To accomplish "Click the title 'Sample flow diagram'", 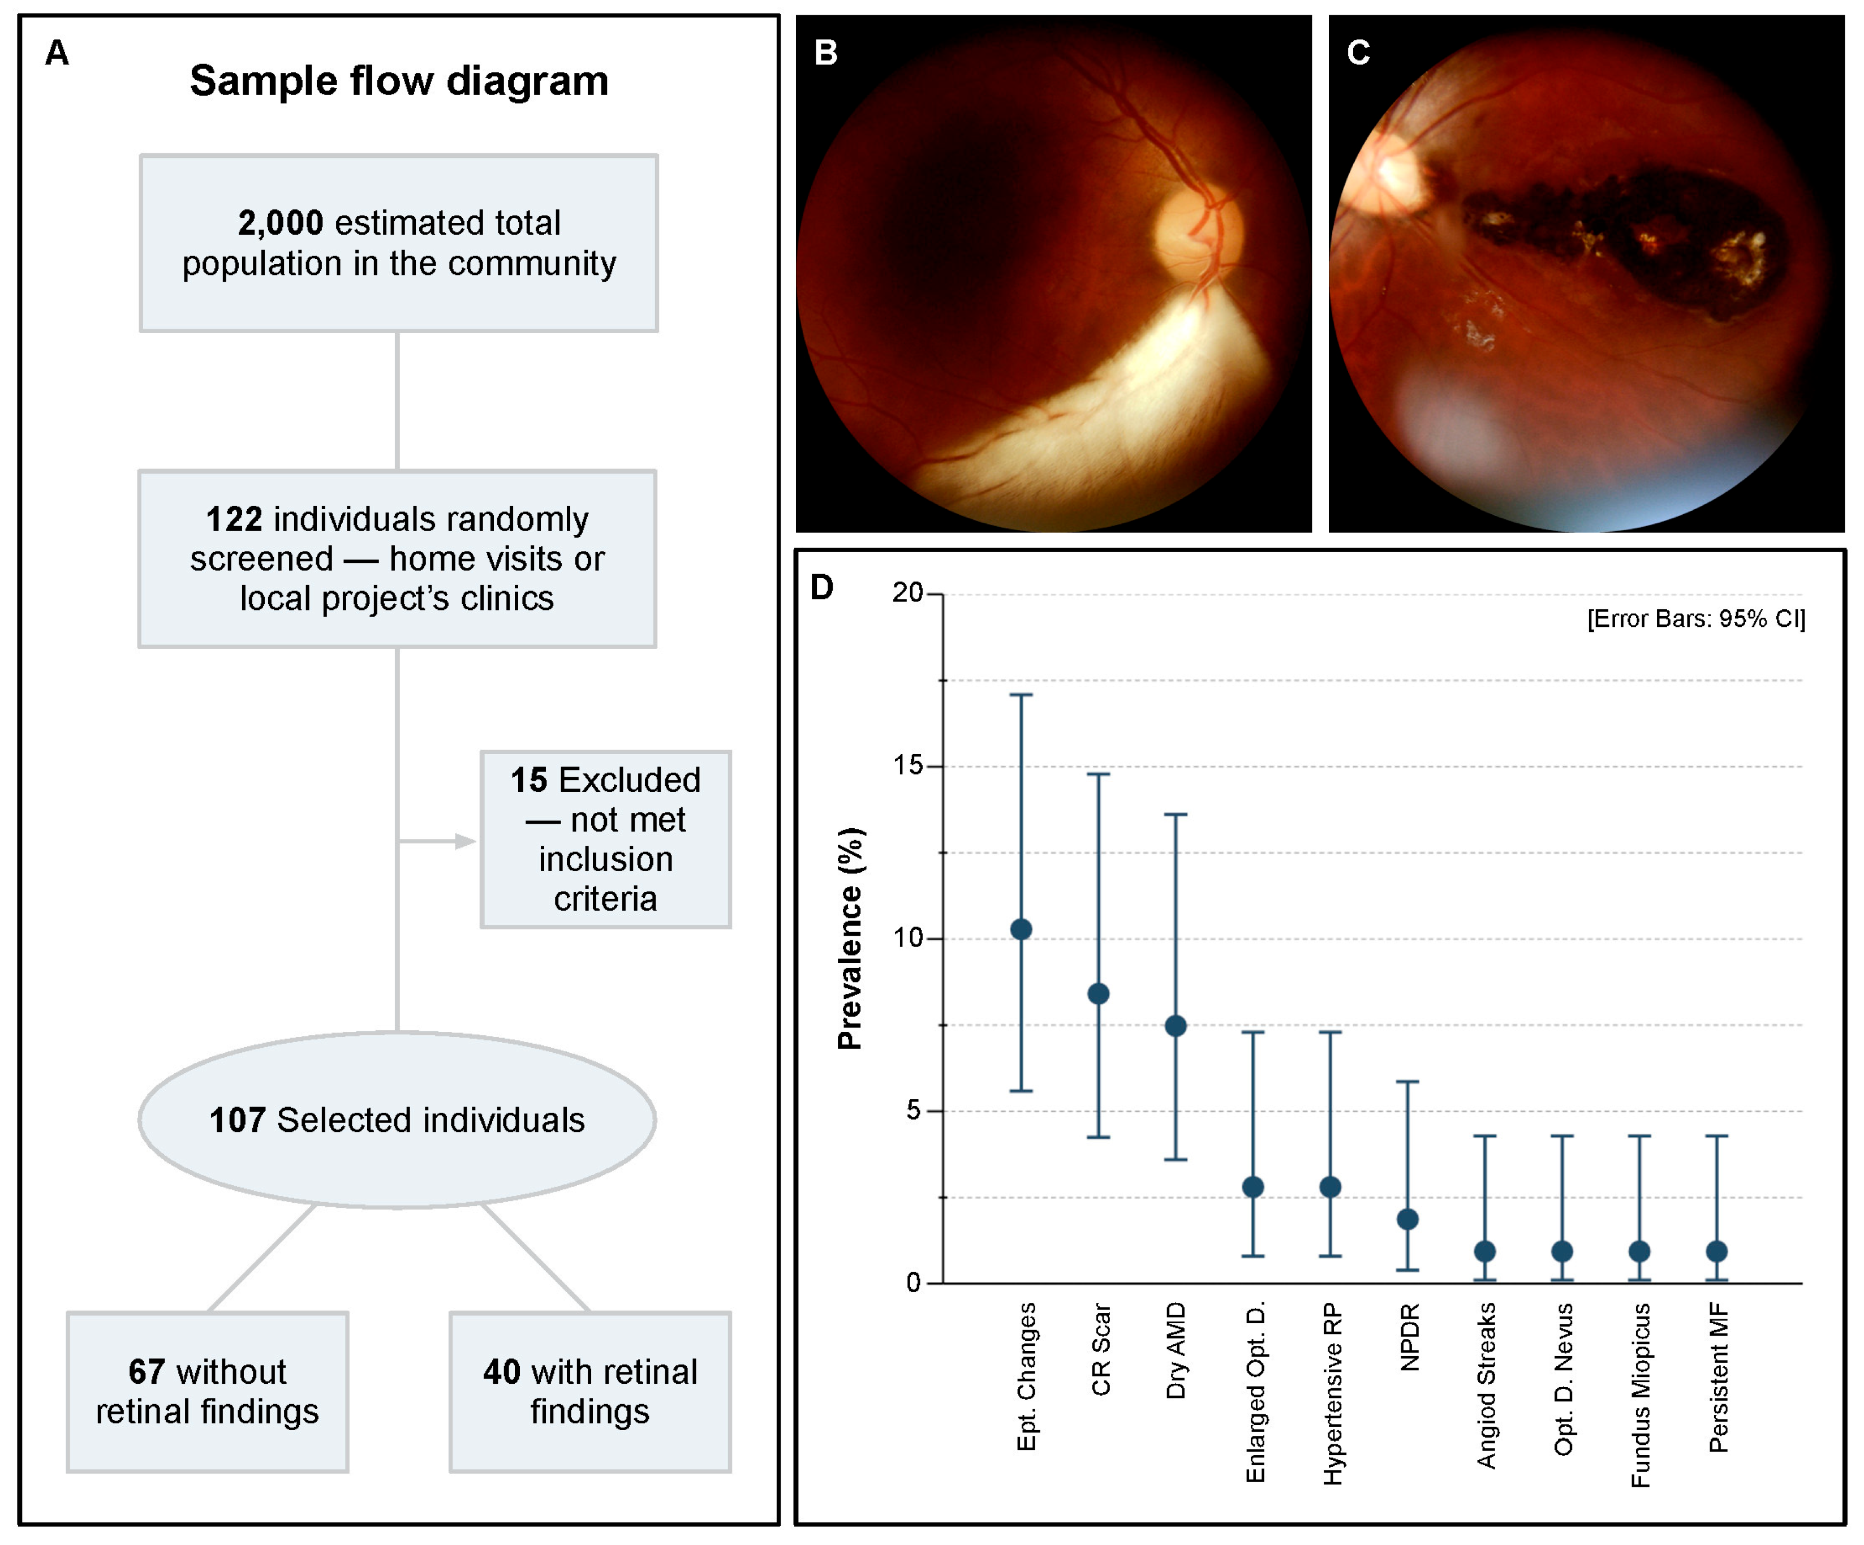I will click(399, 81).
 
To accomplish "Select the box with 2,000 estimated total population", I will click(399, 243).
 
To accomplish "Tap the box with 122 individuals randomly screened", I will click(397, 558).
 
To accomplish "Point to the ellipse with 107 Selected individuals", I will click(397, 1120).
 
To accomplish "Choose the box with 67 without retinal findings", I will click(207, 1392).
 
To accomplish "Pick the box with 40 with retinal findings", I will click(589, 1392).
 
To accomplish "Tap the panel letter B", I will click(825, 53).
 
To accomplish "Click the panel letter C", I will click(1358, 53).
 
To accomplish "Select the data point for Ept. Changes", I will click(1021, 929).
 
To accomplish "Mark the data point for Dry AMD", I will click(1175, 1026).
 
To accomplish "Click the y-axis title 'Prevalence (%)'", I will click(850, 938).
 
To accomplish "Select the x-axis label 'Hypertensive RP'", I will click(1332, 1393).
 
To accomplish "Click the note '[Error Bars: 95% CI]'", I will click(1696, 618).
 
